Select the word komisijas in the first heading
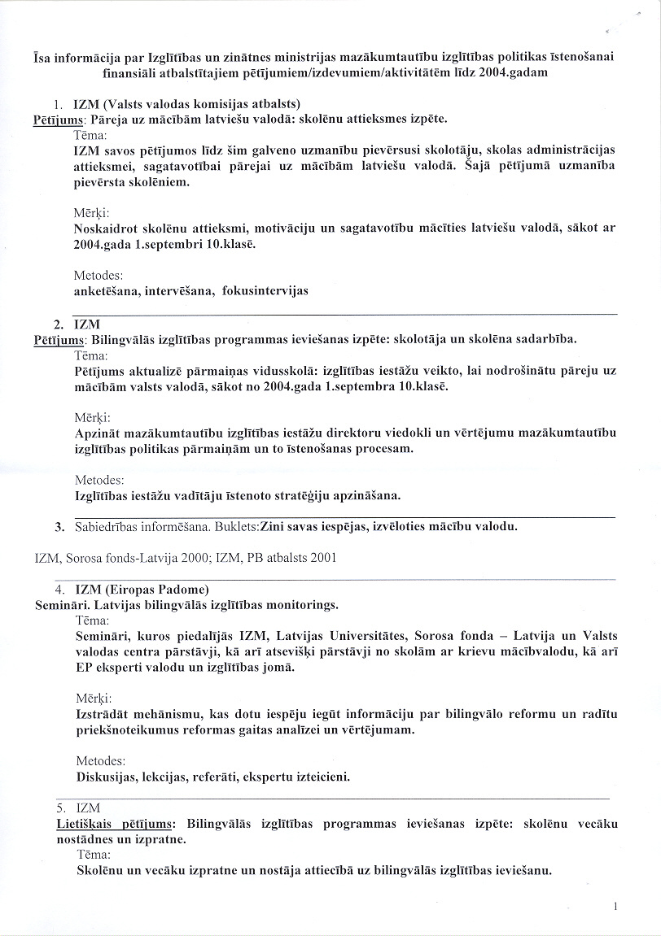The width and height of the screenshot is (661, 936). (214, 103)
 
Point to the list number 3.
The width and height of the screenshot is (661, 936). (59, 526)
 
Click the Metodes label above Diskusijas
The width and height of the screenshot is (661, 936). (99, 761)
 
